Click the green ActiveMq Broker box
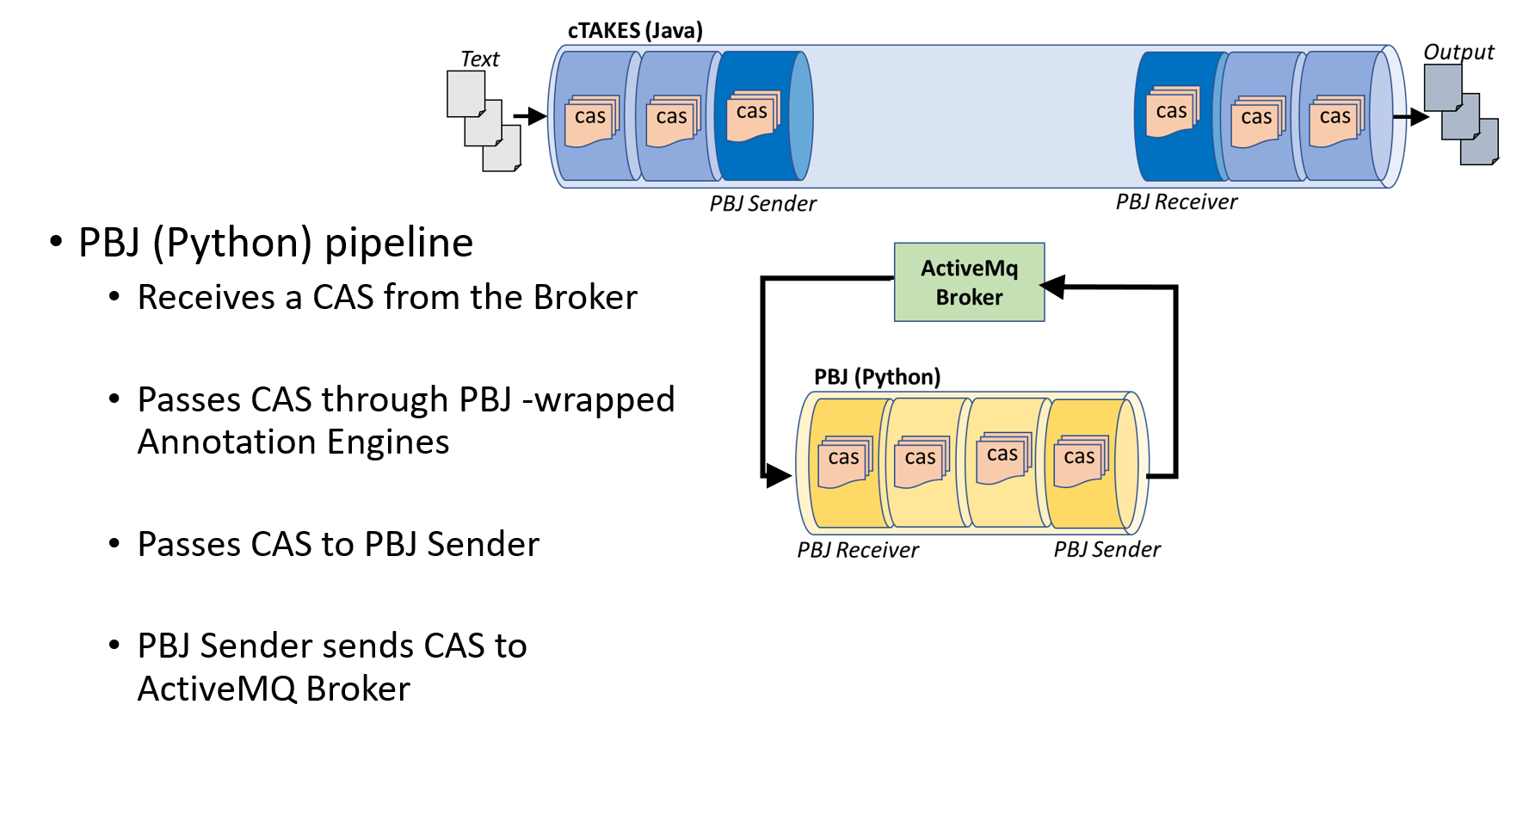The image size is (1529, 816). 969,282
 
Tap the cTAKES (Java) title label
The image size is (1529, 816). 635,31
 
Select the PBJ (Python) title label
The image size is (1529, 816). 877,377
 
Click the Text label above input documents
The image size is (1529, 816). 479,59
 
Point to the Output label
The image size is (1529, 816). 1458,52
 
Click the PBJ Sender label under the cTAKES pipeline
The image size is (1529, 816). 762,204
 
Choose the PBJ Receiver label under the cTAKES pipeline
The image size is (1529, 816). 1176,202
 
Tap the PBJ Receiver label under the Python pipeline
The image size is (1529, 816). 858,550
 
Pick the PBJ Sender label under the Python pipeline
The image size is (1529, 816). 1107,549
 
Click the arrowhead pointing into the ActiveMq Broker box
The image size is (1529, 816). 1053,287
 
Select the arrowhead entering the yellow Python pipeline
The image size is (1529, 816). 778,475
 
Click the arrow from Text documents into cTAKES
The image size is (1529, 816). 530,116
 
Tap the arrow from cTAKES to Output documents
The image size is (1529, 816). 1411,117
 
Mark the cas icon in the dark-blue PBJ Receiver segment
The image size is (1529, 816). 1172,113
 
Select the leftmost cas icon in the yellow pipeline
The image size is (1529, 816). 844,461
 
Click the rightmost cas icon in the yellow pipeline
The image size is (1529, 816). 1080,460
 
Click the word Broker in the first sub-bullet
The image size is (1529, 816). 585,298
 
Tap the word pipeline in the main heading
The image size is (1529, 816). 399,243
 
